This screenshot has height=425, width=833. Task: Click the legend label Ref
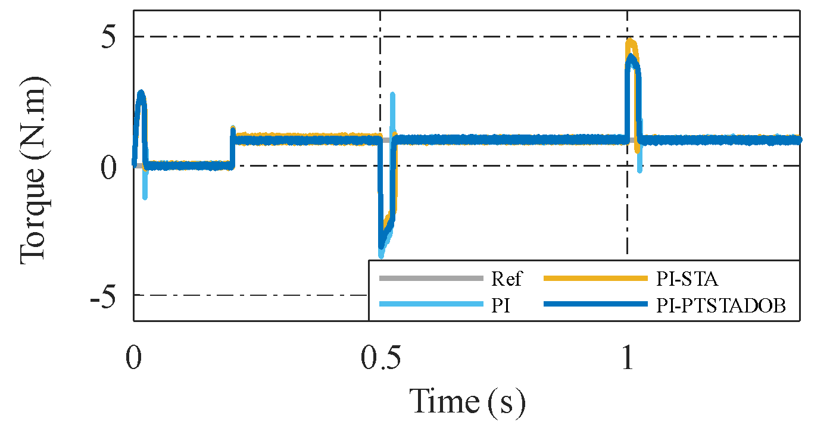[507, 279]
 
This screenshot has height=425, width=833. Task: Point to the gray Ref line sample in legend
[430, 279]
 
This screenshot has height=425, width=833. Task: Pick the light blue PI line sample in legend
[430, 305]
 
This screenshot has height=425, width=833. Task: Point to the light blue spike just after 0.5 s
[392, 95]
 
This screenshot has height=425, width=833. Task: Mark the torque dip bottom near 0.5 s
[382, 252]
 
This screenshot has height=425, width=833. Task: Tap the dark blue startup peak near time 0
[141, 93]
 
